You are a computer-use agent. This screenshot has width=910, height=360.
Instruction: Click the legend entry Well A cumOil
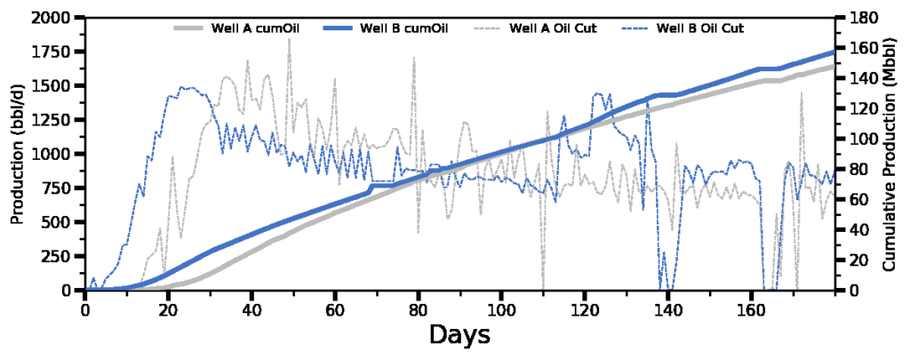tap(236, 28)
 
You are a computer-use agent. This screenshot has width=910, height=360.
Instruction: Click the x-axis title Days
tap(459, 335)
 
